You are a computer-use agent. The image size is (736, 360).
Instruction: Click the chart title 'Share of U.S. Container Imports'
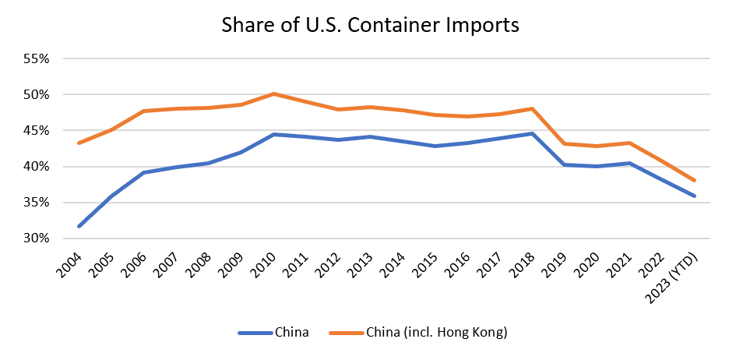(370, 25)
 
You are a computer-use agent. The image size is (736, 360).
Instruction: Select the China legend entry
(291, 333)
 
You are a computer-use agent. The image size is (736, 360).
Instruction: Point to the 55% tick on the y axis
(37, 59)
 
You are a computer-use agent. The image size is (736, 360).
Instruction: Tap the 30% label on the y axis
(37, 238)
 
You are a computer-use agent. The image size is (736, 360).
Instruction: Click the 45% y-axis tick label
(37, 131)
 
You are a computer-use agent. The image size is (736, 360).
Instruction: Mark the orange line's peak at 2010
(273, 94)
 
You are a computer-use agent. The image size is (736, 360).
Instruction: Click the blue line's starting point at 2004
(79, 227)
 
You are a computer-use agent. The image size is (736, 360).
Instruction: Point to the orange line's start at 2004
(79, 143)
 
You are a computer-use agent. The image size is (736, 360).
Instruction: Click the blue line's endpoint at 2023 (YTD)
(693, 196)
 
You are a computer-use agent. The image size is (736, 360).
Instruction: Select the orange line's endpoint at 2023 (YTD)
(693, 180)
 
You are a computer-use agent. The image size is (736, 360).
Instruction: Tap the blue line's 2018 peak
(532, 133)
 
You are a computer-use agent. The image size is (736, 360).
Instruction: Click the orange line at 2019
(564, 143)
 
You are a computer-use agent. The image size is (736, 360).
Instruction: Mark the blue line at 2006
(144, 172)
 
